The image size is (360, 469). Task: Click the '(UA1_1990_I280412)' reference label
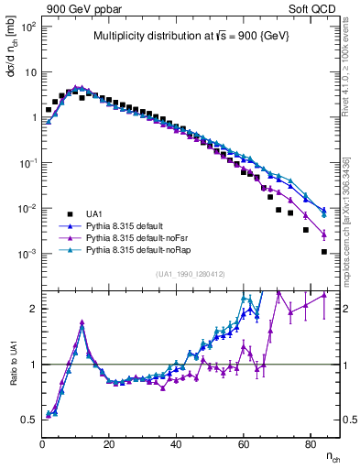pos(191,273)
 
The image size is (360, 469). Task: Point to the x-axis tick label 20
pos(110,443)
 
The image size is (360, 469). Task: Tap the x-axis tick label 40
pos(177,443)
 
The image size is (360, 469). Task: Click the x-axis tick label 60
pos(244,443)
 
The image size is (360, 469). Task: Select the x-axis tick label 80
pos(311,443)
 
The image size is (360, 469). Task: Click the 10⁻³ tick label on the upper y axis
pos(27,254)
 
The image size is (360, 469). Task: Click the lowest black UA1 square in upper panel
pos(323,251)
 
